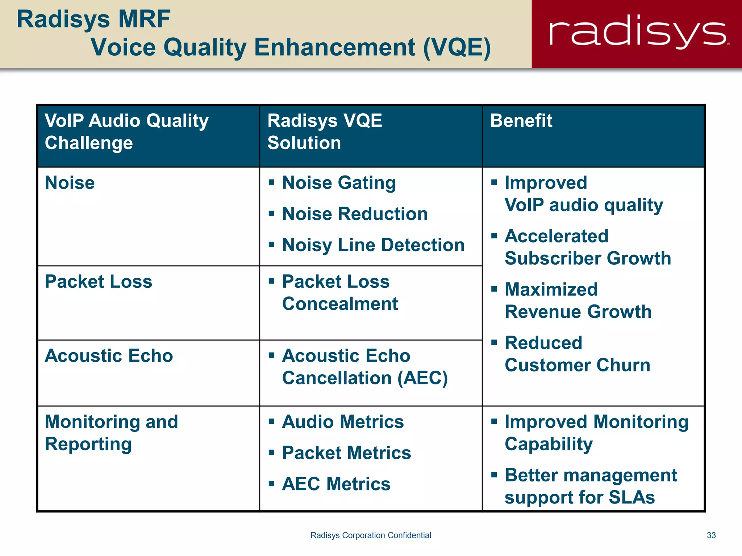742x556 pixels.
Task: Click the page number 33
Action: (x=711, y=535)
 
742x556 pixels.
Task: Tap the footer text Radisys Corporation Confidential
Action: (x=371, y=535)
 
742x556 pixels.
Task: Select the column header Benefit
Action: (x=521, y=121)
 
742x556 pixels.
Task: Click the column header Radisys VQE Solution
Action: (x=325, y=132)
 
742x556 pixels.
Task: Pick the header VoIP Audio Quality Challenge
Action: (x=126, y=132)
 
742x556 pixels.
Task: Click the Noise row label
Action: (x=70, y=183)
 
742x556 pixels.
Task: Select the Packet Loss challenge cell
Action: (x=99, y=282)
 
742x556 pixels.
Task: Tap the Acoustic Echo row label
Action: (x=109, y=356)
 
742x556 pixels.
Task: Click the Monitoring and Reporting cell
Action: (x=111, y=433)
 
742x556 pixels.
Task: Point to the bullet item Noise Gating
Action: (x=339, y=183)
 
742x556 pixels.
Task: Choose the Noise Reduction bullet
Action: (x=355, y=214)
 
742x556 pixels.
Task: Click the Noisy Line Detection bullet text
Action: (x=373, y=245)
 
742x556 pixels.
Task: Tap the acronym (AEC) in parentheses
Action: (x=422, y=378)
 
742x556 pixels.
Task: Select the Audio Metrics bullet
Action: (x=343, y=422)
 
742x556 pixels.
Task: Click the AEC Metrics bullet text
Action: (x=336, y=484)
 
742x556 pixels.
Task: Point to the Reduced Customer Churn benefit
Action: (x=578, y=354)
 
